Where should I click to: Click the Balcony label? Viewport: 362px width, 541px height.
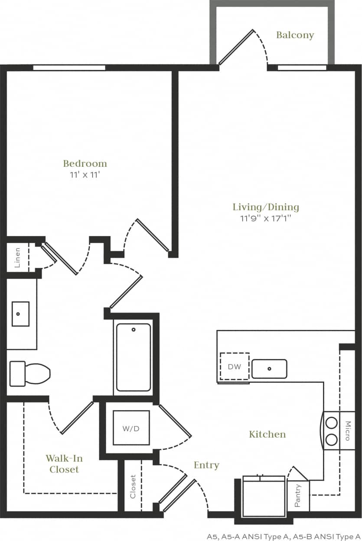pyautogui.click(x=295, y=35)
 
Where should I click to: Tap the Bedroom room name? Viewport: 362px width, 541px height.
pyautogui.click(x=85, y=164)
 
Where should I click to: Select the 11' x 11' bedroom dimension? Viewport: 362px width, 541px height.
pyautogui.click(x=85, y=175)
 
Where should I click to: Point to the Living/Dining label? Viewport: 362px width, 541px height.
pyautogui.click(x=266, y=207)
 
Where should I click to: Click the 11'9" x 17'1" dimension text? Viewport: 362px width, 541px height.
pyautogui.click(x=266, y=218)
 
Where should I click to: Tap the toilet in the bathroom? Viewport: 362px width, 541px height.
pyautogui.click(x=29, y=373)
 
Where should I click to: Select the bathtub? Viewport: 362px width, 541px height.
pyautogui.click(x=134, y=357)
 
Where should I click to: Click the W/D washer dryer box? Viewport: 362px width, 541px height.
pyautogui.click(x=131, y=428)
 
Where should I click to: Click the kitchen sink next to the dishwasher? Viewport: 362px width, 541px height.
pyautogui.click(x=269, y=369)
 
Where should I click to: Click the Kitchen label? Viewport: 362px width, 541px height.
pyautogui.click(x=267, y=434)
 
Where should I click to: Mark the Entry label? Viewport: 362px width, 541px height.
pyautogui.click(x=206, y=465)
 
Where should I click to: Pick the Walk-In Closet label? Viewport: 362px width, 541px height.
pyautogui.click(x=64, y=464)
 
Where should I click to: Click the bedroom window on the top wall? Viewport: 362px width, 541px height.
pyautogui.click(x=69, y=68)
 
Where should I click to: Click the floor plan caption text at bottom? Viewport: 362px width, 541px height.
pyautogui.click(x=284, y=536)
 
